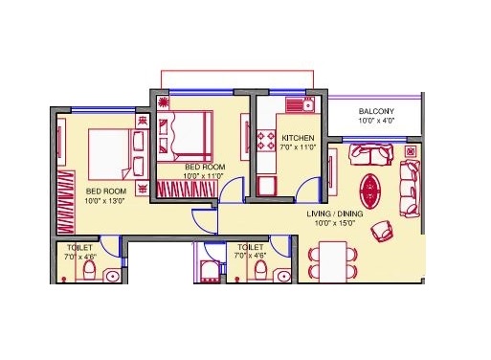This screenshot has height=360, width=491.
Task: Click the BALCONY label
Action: click(x=376, y=111)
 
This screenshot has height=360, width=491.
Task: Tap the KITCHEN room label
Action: click(x=298, y=138)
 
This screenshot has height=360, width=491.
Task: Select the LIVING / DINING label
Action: click(x=335, y=214)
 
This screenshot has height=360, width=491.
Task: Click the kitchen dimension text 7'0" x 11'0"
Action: click(x=298, y=147)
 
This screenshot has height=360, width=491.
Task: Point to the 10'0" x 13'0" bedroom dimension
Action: click(x=104, y=201)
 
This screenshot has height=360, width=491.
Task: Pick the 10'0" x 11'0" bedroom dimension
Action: click(x=203, y=175)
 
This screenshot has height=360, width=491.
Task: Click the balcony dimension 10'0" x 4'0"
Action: click(x=376, y=121)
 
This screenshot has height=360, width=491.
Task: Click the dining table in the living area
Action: click(x=333, y=261)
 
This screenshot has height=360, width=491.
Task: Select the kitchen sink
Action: click(x=301, y=104)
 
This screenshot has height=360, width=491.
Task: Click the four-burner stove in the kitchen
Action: click(x=266, y=141)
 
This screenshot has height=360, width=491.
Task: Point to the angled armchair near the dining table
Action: click(x=383, y=231)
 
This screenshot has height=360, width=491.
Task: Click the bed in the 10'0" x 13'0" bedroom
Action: click(x=119, y=154)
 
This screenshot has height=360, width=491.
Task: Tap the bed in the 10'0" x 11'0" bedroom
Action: click(x=185, y=137)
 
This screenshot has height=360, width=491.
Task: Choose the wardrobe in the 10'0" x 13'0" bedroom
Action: click(x=66, y=202)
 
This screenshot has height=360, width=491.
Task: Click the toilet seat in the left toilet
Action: click(x=89, y=270)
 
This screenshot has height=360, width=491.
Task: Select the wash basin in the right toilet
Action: click(x=283, y=276)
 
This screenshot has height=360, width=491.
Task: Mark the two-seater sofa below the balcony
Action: click(x=371, y=155)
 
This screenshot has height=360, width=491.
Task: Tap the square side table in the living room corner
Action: click(x=411, y=151)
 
